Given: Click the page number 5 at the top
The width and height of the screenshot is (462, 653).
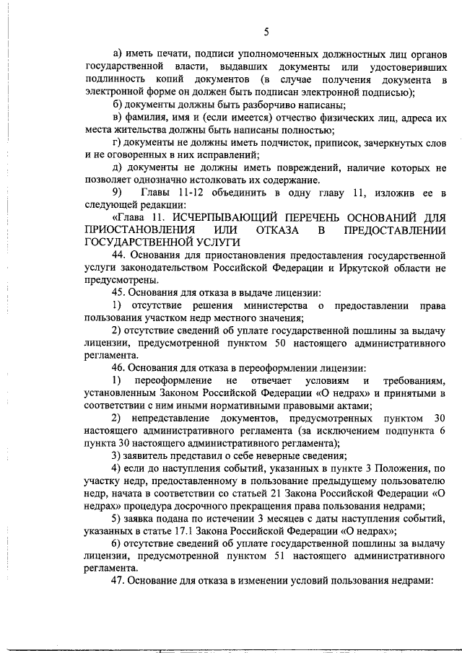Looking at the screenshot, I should tap(266, 31).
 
